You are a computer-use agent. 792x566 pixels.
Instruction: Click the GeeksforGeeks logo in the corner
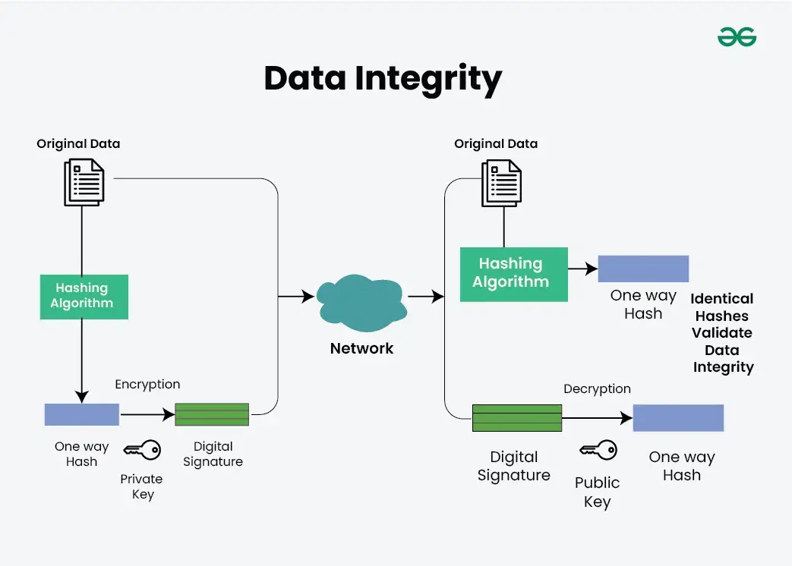pos(737,37)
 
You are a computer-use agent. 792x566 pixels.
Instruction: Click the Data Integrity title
pos(383,78)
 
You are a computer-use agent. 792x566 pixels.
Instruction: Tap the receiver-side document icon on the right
pos(501,183)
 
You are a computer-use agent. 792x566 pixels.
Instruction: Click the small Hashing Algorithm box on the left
pos(84,296)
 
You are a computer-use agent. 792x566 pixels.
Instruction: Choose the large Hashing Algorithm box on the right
pos(514,273)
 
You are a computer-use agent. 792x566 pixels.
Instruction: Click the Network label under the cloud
pos(361,349)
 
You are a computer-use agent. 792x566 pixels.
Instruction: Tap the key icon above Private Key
pos(142,450)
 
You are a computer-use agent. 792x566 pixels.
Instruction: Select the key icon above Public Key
pos(598,450)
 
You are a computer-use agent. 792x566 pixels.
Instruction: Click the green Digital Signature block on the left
pos(212,414)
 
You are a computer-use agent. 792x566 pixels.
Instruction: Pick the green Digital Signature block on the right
pos(517,418)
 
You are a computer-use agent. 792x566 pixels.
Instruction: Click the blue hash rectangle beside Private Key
pos(81,414)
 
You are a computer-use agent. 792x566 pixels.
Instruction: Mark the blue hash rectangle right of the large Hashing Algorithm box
pos(643,269)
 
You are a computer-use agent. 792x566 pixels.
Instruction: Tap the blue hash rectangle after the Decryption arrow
pos(678,418)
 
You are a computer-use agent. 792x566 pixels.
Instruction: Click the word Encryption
pos(147,385)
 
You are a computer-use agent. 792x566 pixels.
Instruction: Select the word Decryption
pos(597,389)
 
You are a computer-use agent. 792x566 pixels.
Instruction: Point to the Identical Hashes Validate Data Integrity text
pos(722,333)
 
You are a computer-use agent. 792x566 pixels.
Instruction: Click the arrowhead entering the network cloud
pos(308,297)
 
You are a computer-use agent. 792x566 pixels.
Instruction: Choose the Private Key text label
pos(142,486)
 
